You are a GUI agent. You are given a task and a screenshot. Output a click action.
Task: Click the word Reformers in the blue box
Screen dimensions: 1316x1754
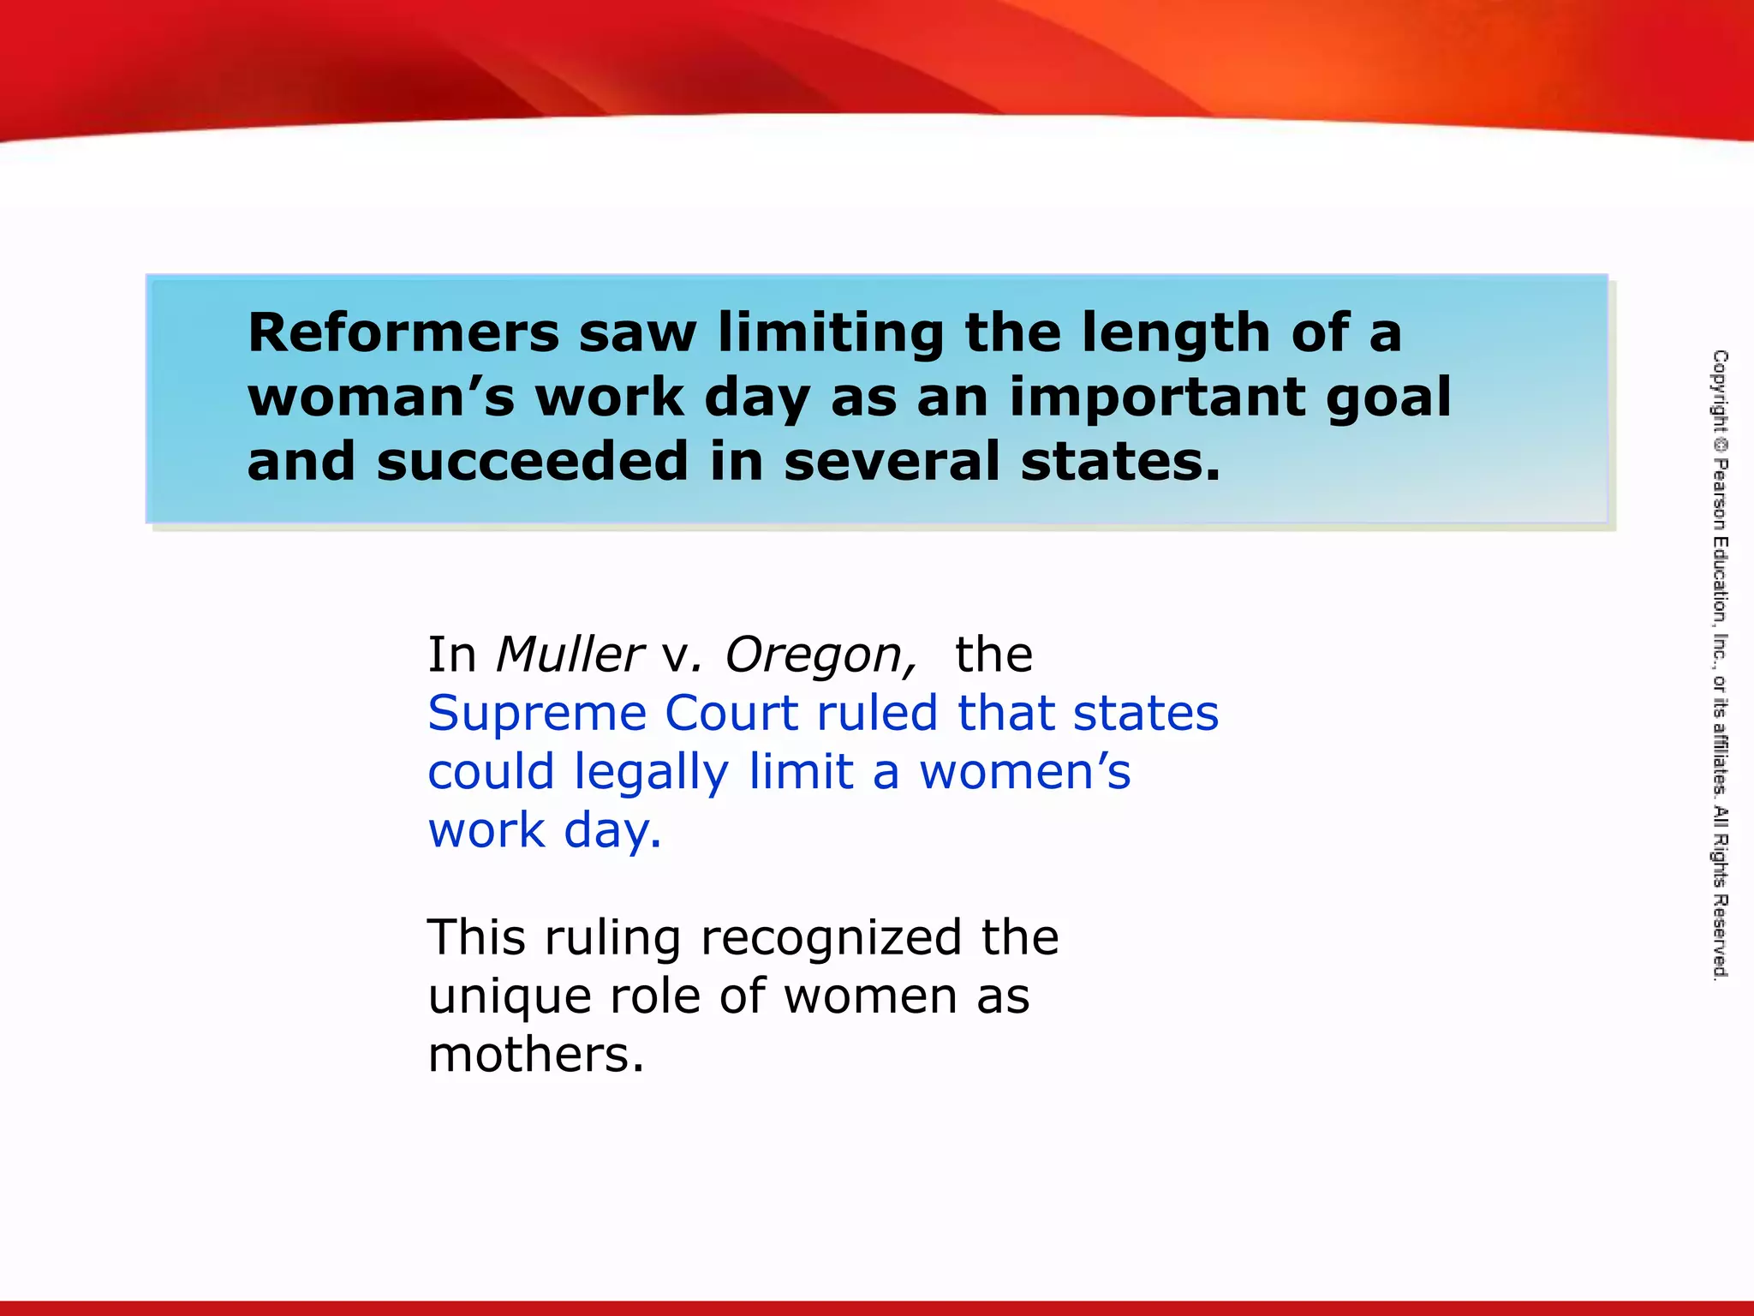pos(403,332)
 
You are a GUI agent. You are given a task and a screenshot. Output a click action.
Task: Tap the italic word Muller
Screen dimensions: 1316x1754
pos(569,655)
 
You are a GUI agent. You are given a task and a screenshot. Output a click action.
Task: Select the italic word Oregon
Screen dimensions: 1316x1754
pos(820,655)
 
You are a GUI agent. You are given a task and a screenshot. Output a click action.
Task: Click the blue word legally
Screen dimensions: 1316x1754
pos(651,772)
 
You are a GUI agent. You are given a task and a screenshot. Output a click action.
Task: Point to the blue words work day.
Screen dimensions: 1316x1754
pos(545,830)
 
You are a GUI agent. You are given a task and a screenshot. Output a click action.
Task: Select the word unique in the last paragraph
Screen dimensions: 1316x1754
pos(509,996)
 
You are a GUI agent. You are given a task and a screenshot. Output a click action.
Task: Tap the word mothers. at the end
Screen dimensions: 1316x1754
pos(535,1054)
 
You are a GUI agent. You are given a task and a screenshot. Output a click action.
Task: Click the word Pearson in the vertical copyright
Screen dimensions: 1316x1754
pos(1720,496)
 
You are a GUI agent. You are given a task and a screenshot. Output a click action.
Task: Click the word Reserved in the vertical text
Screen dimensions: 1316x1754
pos(1720,936)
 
